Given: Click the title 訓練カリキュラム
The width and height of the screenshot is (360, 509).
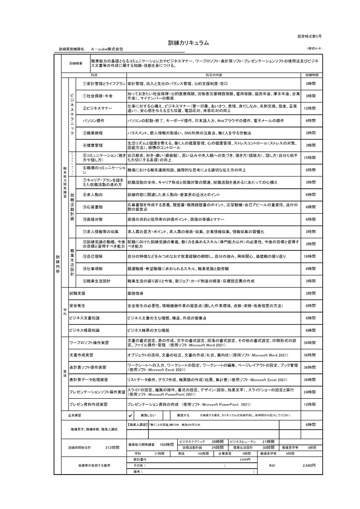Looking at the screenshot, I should click(188, 43).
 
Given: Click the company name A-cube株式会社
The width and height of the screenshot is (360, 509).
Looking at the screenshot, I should click(107, 49).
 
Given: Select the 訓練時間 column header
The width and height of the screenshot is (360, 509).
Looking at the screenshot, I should click(312, 74).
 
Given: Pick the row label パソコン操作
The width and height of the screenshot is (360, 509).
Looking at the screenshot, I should click(93, 121).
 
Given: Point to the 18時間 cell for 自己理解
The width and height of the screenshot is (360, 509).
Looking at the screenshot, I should click(311, 257).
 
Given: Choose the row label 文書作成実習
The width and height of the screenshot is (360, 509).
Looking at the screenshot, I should click(82, 354).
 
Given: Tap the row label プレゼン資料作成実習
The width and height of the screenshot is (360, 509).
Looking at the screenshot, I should click(88, 403).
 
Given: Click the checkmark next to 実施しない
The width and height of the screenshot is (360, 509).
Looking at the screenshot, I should click(131, 415).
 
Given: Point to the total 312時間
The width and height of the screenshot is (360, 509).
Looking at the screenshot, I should click(112, 447).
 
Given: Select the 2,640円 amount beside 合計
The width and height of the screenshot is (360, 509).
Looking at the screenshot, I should click(309, 465).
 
